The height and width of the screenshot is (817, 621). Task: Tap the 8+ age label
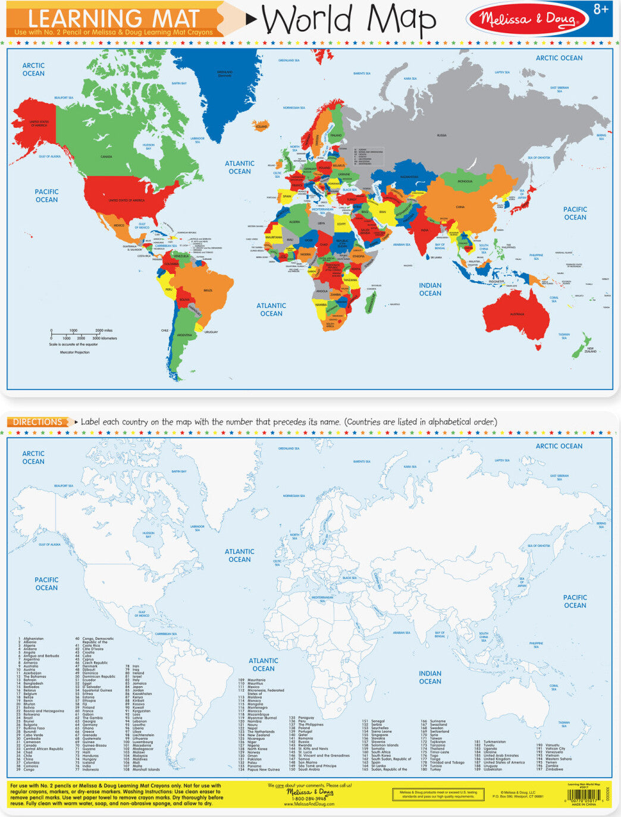pos(601,10)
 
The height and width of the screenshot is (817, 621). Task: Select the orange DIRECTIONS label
pos(38,422)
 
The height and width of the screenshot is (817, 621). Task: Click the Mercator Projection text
pos(75,353)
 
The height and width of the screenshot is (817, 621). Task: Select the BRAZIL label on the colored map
pos(208,290)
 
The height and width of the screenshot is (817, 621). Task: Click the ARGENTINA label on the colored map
pos(184,335)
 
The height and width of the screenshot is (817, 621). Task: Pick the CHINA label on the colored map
pos(460,207)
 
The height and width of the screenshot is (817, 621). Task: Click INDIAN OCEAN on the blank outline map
pos(430,677)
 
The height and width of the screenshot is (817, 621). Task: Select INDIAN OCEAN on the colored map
pos(430,290)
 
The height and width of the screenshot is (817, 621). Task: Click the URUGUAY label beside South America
pos(211,332)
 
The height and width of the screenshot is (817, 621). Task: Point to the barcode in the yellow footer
pos(576,795)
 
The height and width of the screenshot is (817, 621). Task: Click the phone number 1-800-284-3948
pos(309,799)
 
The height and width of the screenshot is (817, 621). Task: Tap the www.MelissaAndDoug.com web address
pos(309,805)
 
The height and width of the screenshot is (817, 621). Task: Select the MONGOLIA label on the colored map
pos(465,181)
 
